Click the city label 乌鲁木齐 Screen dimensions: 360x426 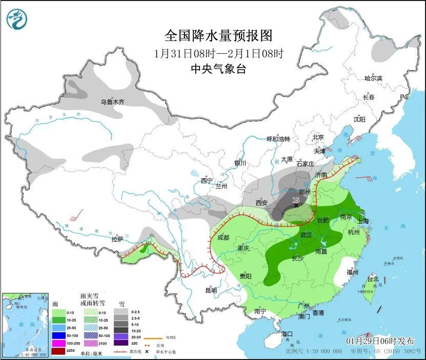click(112, 102)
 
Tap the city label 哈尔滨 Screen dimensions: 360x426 click(373, 78)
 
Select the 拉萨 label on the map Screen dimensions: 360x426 click(117, 239)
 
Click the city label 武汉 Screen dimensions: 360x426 click(306, 235)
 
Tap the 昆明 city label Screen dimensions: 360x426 click(211, 290)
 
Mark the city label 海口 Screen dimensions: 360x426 click(288, 334)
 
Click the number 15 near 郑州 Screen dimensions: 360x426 click(295, 200)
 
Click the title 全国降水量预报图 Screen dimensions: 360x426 click(218, 36)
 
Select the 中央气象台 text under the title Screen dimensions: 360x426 click(218, 69)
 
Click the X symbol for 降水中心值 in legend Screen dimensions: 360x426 click(147, 352)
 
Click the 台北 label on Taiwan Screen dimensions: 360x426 click(372, 279)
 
